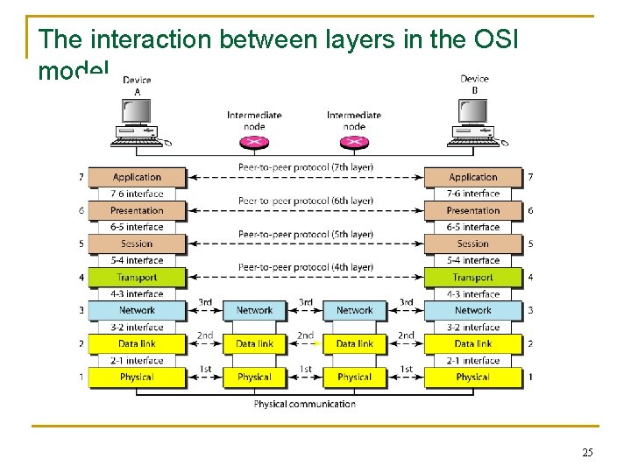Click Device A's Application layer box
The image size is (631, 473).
[137, 177]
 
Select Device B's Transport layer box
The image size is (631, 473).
[472, 278]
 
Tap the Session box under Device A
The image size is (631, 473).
[137, 244]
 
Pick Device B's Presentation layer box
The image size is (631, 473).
[472, 210]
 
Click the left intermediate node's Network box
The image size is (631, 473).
[254, 310]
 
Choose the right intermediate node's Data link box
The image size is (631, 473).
[354, 343]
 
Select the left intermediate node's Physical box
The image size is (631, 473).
[254, 377]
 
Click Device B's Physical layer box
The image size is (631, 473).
[472, 377]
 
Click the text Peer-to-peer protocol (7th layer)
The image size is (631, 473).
[305, 167]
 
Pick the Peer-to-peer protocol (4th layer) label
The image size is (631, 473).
[305, 267]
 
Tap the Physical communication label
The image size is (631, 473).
[305, 404]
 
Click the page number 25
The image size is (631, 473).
[586, 452]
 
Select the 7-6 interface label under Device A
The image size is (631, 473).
[137, 194]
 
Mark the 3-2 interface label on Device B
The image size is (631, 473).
[472, 327]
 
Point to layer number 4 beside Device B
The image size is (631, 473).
[530, 278]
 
